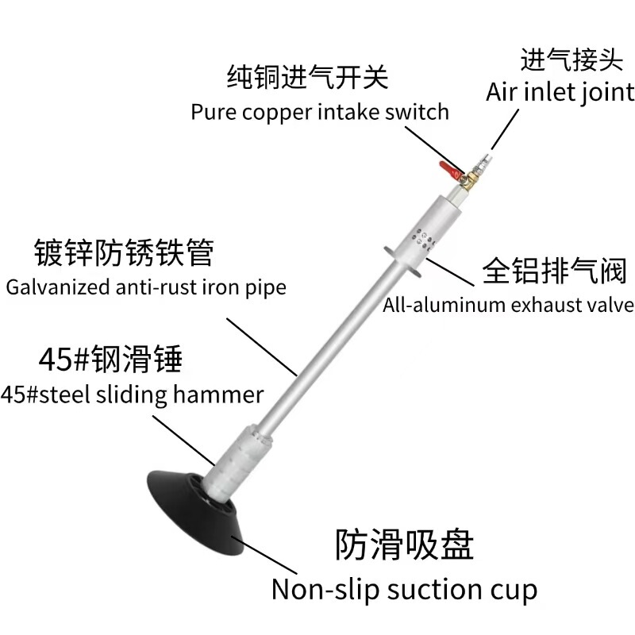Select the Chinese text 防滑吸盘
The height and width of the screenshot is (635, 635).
pyautogui.click(x=404, y=545)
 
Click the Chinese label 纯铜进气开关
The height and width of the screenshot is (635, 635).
pyautogui.click(x=307, y=77)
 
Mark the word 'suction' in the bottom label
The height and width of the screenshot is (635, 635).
pyautogui.click(x=425, y=590)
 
